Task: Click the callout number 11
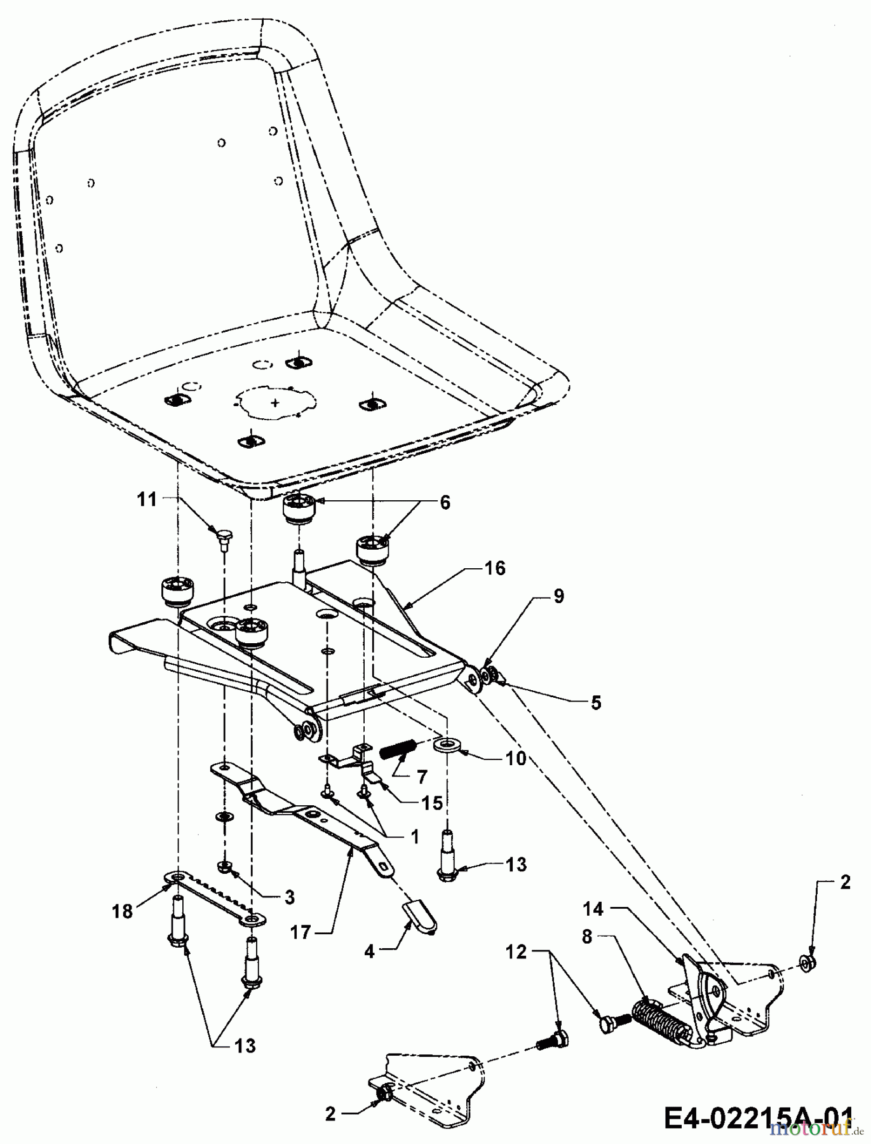[x=147, y=500]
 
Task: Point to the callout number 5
[x=595, y=703]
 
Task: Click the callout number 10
[x=516, y=758]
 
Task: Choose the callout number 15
[x=433, y=803]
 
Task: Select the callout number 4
[x=370, y=951]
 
